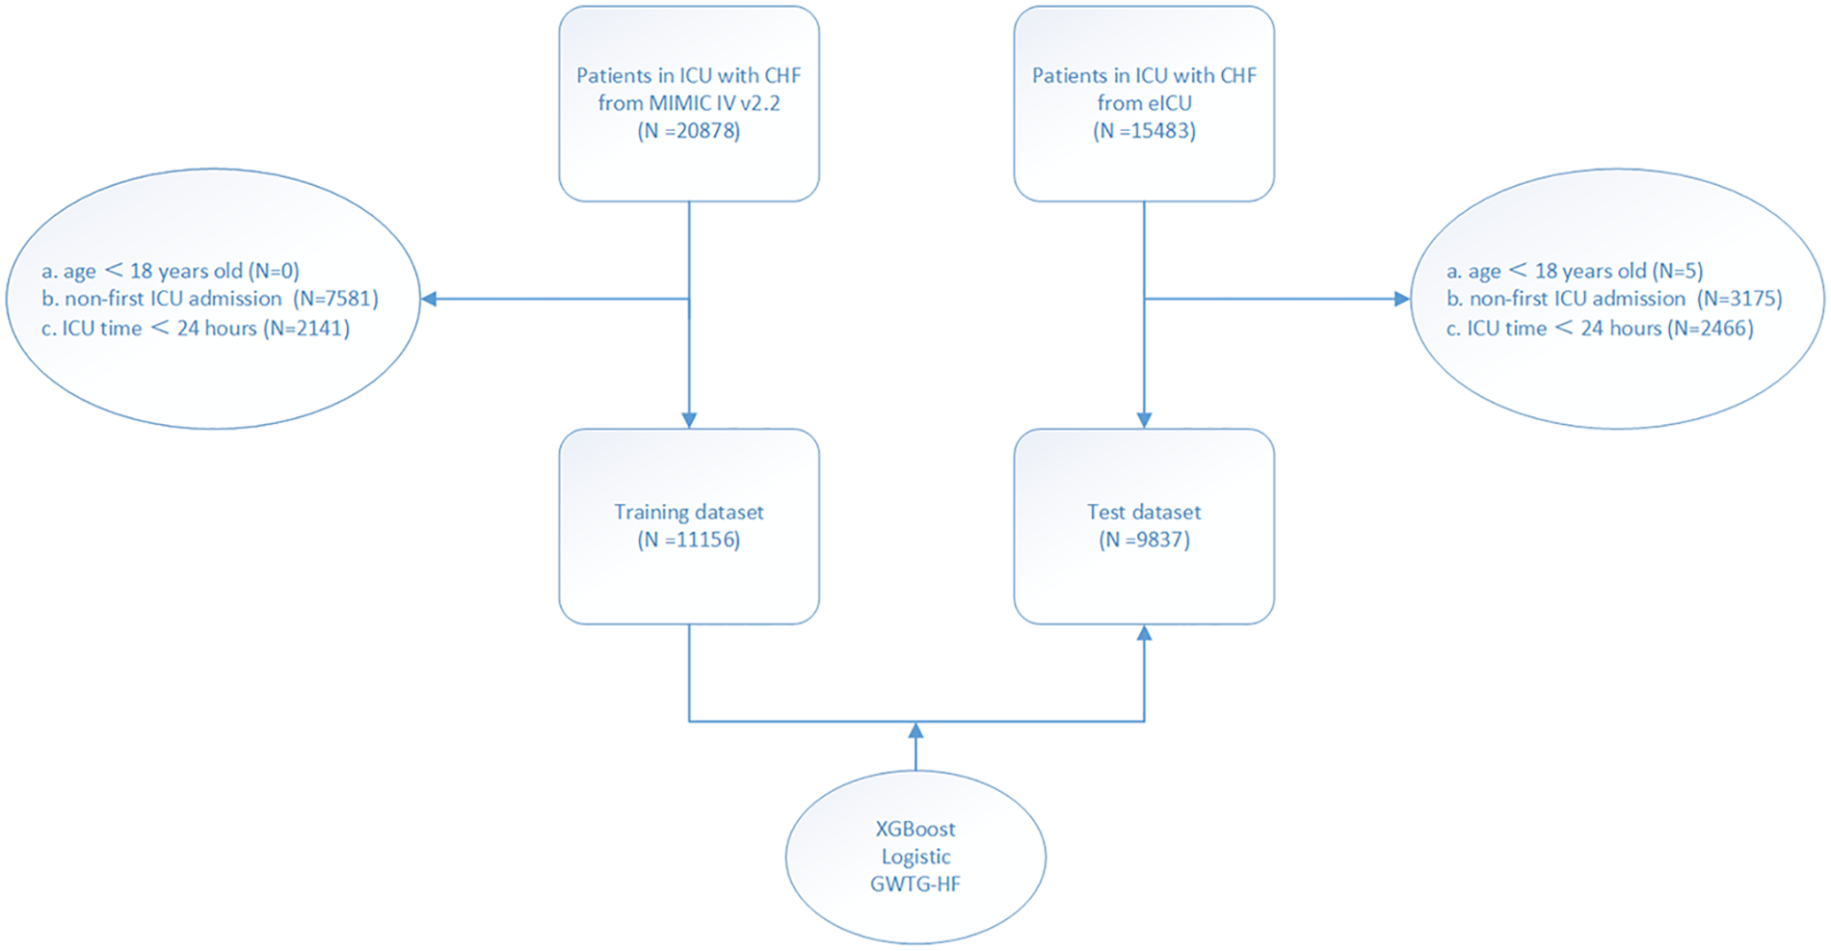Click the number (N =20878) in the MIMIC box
[689, 131]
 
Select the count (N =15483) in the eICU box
[1144, 131]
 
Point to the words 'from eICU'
[1144, 103]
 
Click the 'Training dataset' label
[689, 512]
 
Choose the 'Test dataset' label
[1144, 512]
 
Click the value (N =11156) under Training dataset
[689, 540]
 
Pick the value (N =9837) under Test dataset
[1144, 540]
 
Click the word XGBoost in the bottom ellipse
[915, 829]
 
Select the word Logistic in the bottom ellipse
[915, 857]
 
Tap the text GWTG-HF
[915, 884]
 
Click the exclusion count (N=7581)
[336, 299]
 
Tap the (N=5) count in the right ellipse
[1678, 271]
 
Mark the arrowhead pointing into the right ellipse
[1402, 299]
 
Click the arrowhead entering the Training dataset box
[689, 420]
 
